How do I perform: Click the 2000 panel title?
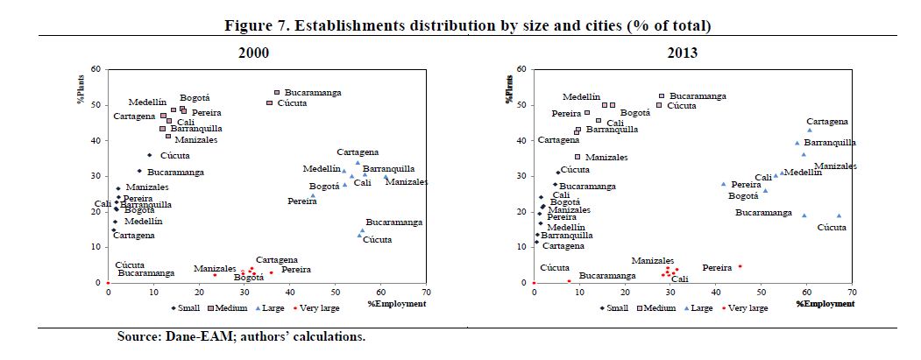click(253, 53)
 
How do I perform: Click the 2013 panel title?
click(681, 53)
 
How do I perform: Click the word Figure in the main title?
click(254, 25)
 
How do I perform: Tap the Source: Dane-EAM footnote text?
click(241, 336)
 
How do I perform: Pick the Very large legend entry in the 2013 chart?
click(747, 307)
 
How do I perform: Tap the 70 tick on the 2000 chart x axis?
click(426, 293)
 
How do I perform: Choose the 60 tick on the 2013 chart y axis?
click(521, 69)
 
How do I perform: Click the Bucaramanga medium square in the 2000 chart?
click(277, 92)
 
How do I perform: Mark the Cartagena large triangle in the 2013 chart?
click(810, 131)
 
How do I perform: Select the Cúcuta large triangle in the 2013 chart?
click(839, 215)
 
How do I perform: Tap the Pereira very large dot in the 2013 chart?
click(740, 266)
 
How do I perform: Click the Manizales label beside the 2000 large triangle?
click(407, 182)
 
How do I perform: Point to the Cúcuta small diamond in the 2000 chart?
click(149, 155)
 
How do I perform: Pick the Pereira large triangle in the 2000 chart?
click(313, 195)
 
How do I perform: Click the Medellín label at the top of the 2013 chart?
click(582, 97)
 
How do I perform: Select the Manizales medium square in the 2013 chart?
click(577, 157)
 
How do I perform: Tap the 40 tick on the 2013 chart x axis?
click(715, 293)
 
